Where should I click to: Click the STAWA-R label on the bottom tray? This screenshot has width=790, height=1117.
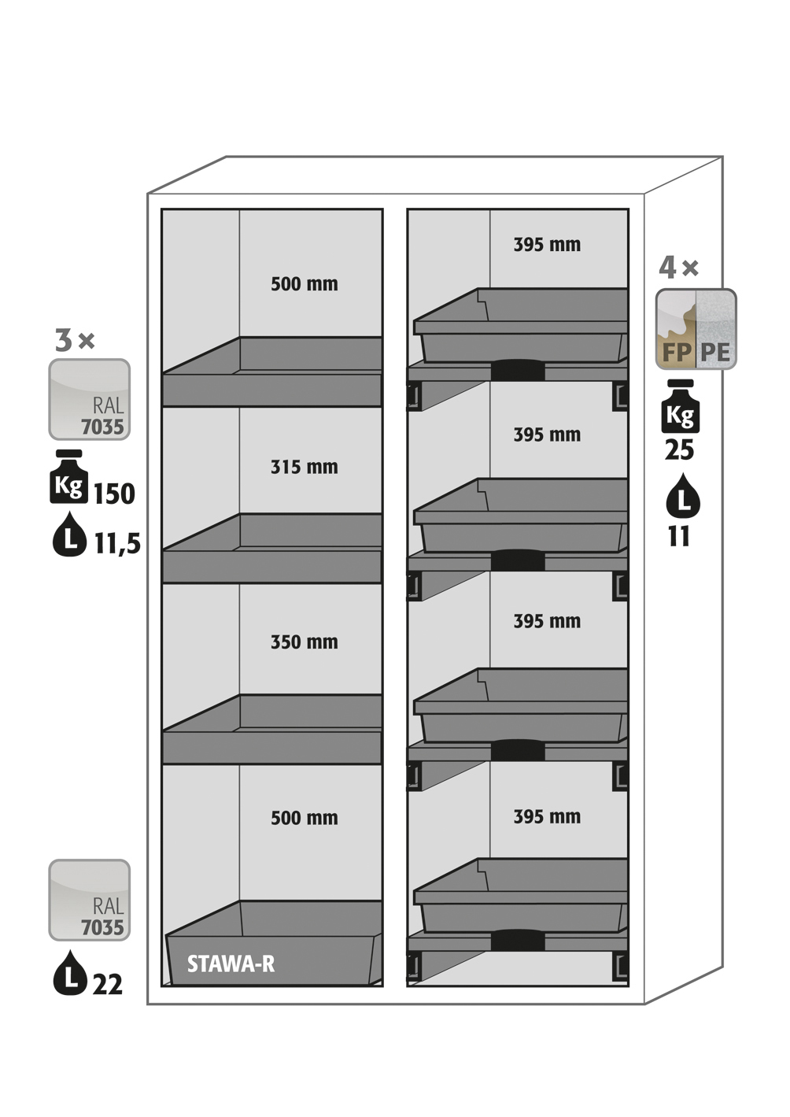pyautogui.click(x=231, y=964)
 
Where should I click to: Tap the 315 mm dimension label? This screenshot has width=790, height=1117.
pyautogui.click(x=305, y=468)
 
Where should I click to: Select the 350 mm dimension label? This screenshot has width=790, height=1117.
pyautogui.click(x=305, y=642)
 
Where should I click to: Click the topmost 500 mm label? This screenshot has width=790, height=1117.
pyautogui.click(x=305, y=284)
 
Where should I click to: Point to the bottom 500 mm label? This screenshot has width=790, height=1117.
pyautogui.click(x=305, y=818)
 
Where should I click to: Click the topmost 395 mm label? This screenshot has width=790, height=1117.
pyautogui.click(x=548, y=245)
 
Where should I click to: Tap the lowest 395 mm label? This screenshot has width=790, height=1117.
pyautogui.click(x=548, y=817)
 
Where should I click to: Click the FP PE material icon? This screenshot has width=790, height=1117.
pyautogui.click(x=696, y=329)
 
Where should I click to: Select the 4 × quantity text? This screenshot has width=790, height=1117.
pyautogui.click(x=678, y=268)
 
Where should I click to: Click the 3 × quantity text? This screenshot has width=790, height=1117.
pyautogui.click(x=75, y=341)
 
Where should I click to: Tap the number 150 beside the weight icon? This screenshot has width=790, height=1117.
pyautogui.click(x=114, y=494)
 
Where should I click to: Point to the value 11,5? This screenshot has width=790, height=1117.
pyautogui.click(x=117, y=543)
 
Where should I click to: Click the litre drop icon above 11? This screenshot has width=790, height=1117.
pyautogui.click(x=683, y=497)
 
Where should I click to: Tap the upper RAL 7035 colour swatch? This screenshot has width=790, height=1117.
pyautogui.click(x=89, y=399)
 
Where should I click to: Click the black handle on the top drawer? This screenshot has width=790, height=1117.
pyautogui.click(x=518, y=370)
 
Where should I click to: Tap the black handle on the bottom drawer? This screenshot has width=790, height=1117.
pyautogui.click(x=518, y=940)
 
